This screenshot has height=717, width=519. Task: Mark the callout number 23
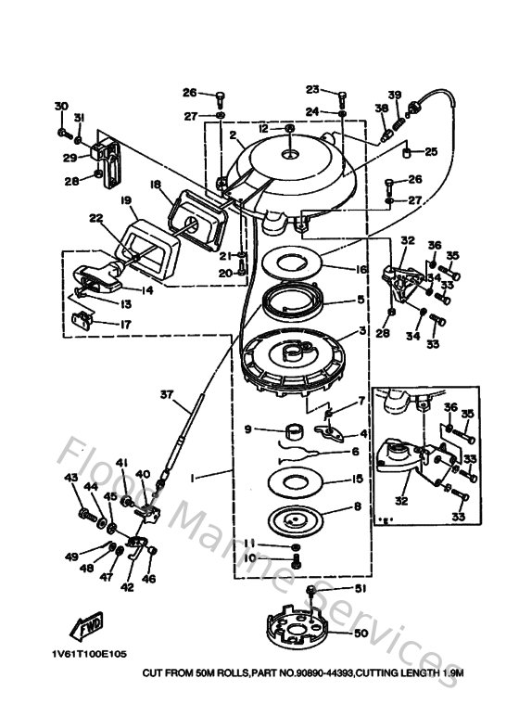tap(312, 89)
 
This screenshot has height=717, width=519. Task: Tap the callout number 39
tap(394, 96)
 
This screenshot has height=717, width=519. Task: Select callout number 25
tap(431, 151)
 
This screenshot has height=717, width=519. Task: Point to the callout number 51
tap(361, 588)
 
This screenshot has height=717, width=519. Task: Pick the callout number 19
tap(125, 199)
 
